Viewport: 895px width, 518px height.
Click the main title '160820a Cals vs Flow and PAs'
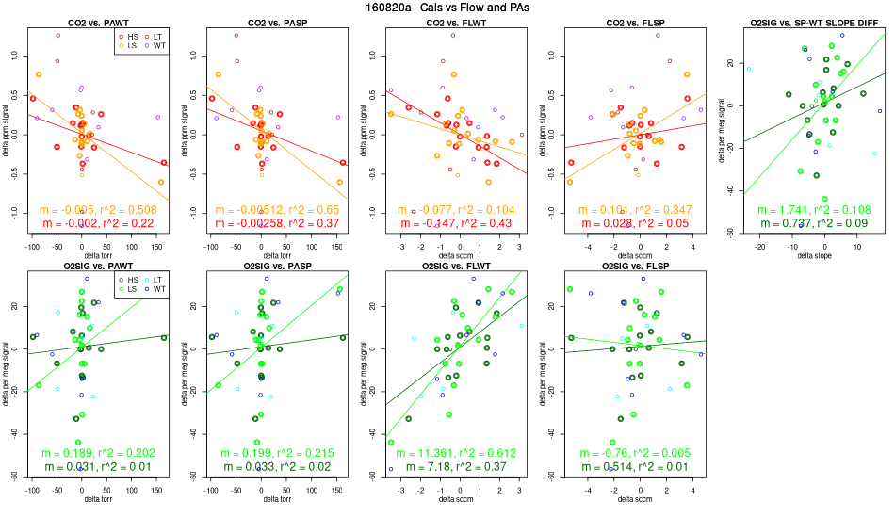tap(447, 8)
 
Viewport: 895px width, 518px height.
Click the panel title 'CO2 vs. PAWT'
tap(98, 22)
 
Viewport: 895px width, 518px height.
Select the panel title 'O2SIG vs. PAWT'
tap(98, 267)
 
